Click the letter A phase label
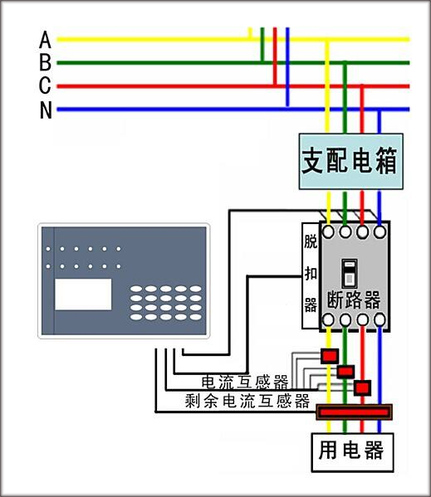click(45, 39)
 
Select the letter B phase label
click(45, 62)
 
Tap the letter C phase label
click(45, 85)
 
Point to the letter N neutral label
click(46, 110)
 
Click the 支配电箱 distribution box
click(351, 161)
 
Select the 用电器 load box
click(352, 452)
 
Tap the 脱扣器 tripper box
click(311, 275)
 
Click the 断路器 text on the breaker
click(353, 300)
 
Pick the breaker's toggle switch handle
click(349, 273)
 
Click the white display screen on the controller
click(83, 295)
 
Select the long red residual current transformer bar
click(355, 412)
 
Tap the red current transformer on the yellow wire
click(330, 356)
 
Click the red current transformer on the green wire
click(345, 372)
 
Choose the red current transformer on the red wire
click(363, 387)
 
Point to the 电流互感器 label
click(245, 382)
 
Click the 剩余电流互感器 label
click(247, 401)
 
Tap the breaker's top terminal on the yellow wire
click(328, 231)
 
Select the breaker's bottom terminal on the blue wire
click(380, 319)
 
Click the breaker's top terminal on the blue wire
click(380, 231)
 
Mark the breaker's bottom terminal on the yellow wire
click(328, 319)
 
